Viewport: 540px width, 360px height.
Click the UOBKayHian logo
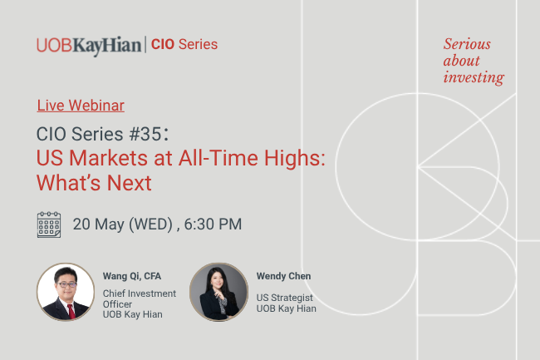pos(89,46)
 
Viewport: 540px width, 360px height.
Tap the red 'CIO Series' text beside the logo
pos(184,44)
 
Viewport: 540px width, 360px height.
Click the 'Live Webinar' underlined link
pos(81,106)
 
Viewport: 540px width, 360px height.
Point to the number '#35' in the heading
pos(145,134)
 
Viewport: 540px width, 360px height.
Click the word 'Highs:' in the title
pos(294,159)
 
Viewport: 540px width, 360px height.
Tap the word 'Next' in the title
pos(129,183)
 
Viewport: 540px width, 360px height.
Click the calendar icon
pos(49,224)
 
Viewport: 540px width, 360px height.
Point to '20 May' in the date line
pos(98,224)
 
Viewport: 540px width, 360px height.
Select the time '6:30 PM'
pos(213,224)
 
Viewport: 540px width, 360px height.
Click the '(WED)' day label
pos(151,224)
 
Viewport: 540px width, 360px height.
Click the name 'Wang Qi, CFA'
pos(132,276)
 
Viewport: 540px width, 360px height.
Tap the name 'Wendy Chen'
pos(283,276)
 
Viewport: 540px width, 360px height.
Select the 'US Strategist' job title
pos(284,298)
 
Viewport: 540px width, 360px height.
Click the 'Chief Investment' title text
pos(139,293)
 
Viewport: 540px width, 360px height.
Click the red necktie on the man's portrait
pos(71,311)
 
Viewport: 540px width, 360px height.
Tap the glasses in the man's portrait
pos(66,284)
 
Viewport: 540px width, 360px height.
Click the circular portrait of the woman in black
pos(218,292)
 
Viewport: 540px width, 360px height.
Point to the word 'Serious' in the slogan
pos(467,44)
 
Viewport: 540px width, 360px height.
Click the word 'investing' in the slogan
pos(474,77)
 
